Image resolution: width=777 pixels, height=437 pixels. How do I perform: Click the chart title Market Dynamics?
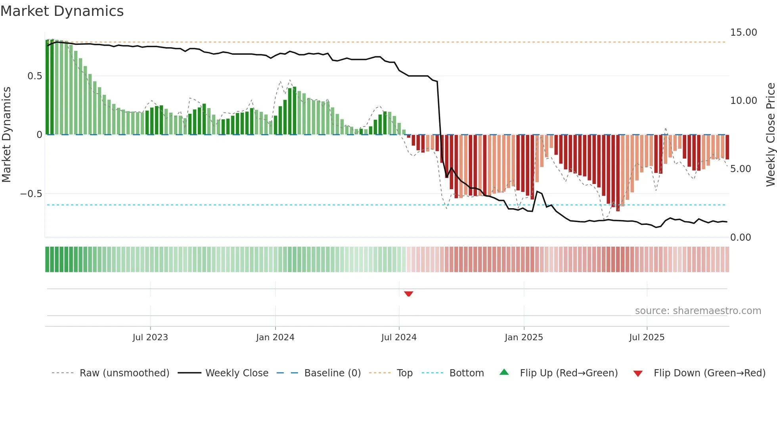point(62,11)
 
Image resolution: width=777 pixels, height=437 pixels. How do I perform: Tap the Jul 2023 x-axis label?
point(150,337)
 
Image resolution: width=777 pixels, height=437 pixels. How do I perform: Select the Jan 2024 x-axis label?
point(275,337)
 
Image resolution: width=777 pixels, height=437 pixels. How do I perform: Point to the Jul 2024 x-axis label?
point(399,337)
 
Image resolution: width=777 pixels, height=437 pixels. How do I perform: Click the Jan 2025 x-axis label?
point(524,337)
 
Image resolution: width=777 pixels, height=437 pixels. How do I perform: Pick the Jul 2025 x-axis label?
point(647,337)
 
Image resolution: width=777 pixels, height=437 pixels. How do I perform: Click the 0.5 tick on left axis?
point(35,76)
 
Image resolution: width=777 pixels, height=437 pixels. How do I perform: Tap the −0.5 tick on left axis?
point(31,194)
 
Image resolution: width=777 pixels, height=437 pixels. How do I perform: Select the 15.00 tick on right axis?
point(743,33)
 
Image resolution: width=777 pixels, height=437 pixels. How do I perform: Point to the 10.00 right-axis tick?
point(743,101)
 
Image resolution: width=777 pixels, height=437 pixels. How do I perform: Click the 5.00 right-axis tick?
point(741,169)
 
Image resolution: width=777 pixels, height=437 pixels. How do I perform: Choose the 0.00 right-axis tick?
point(741,238)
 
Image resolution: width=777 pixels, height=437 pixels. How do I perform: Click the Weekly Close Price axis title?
point(770,134)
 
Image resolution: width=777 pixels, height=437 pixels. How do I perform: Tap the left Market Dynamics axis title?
point(7,134)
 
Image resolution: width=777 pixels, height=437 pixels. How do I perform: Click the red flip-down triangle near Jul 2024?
point(409,294)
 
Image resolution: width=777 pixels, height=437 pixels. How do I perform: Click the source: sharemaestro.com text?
point(698,311)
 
